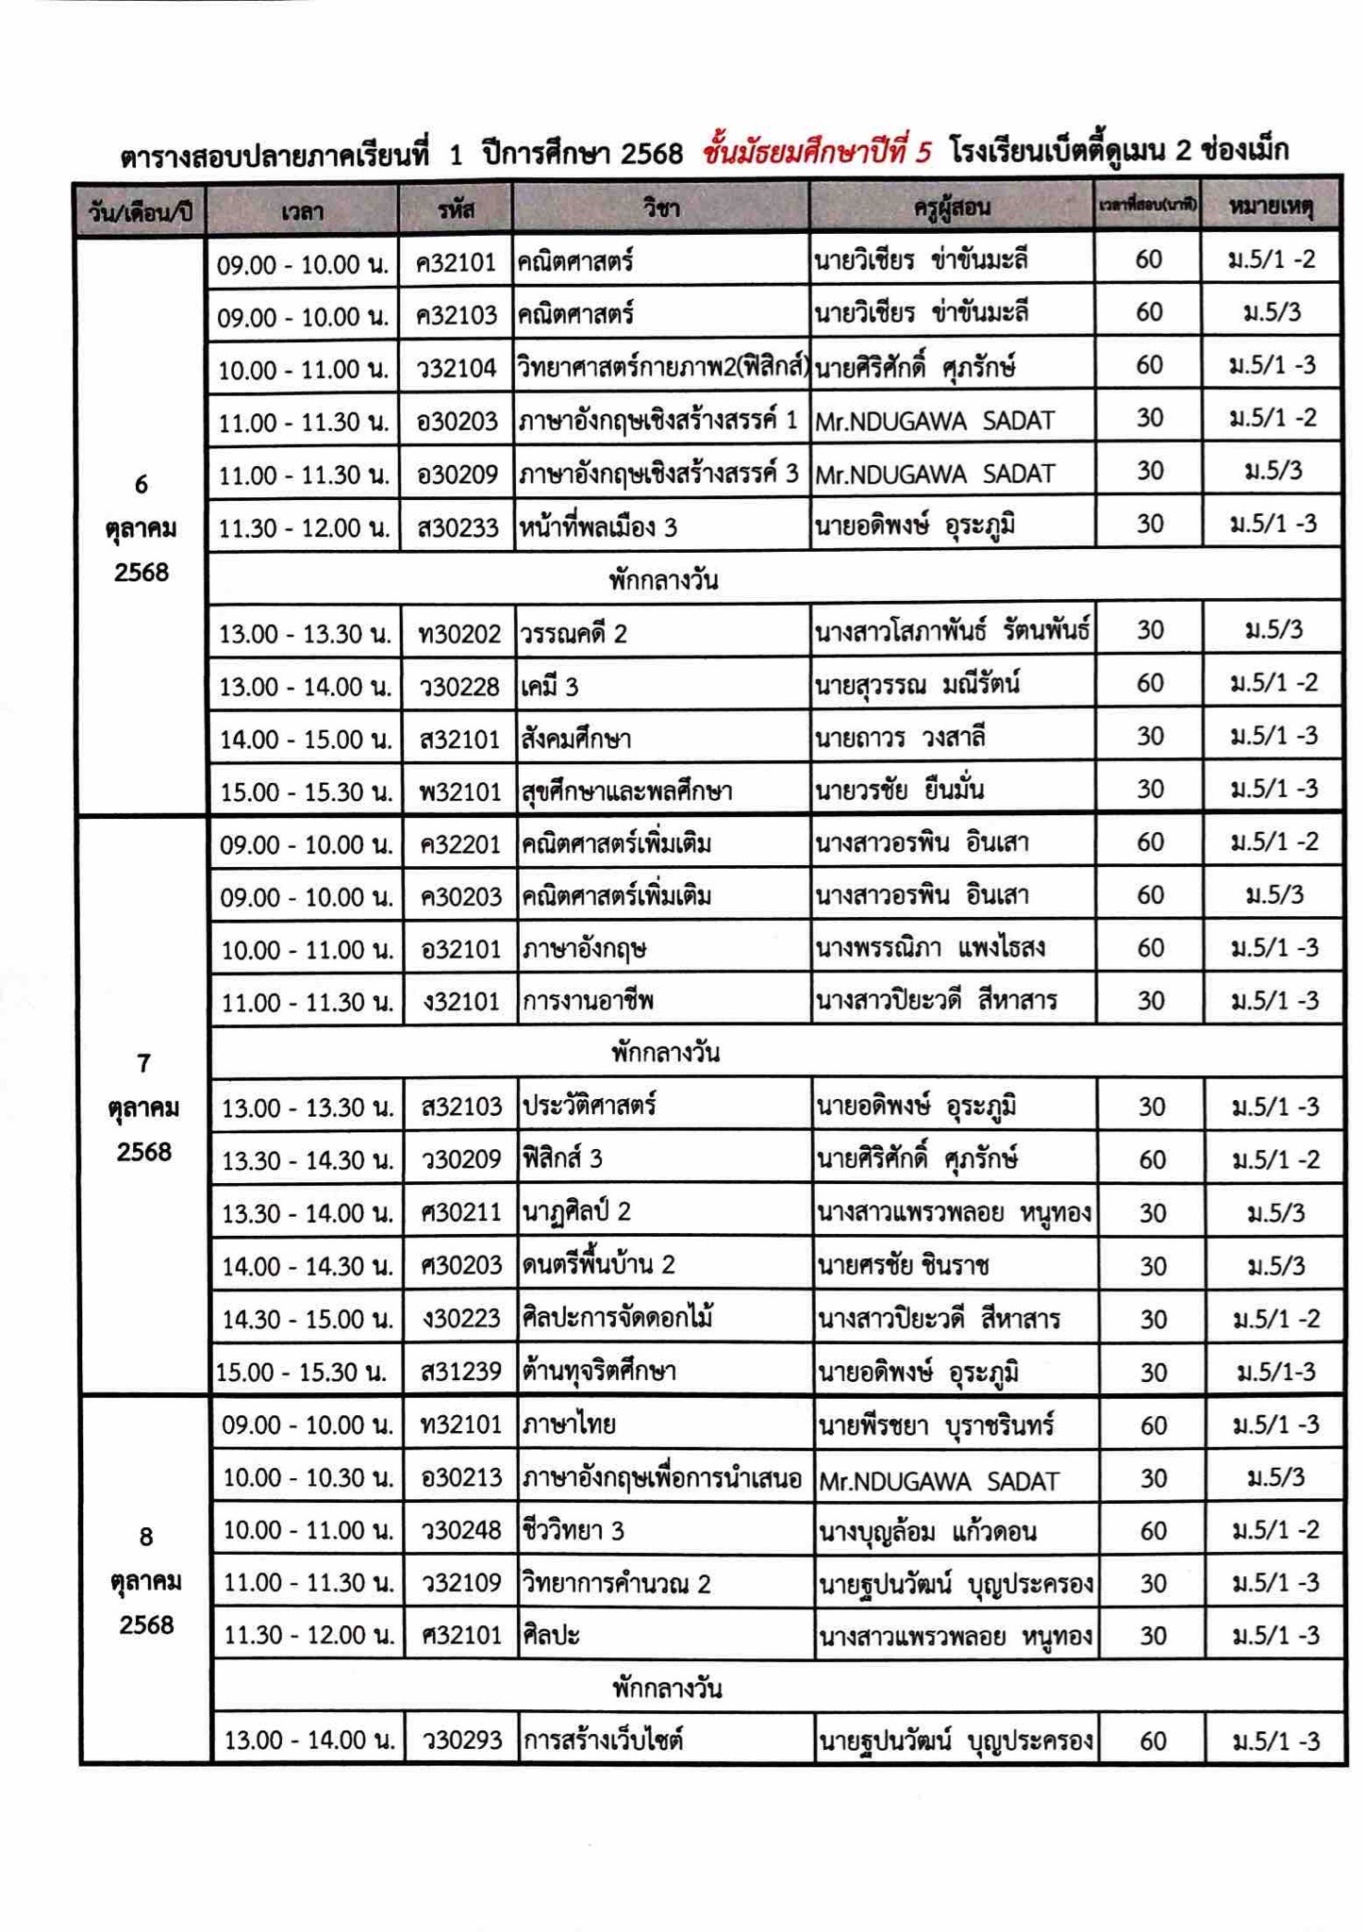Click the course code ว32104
[x=457, y=367]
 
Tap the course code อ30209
[x=457, y=473]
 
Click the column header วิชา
[x=660, y=207]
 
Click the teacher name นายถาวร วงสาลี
[x=901, y=737]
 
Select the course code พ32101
[x=459, y=791]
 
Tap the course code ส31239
[x=461, y=1371]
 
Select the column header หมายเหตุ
[x=1270, y=207]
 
